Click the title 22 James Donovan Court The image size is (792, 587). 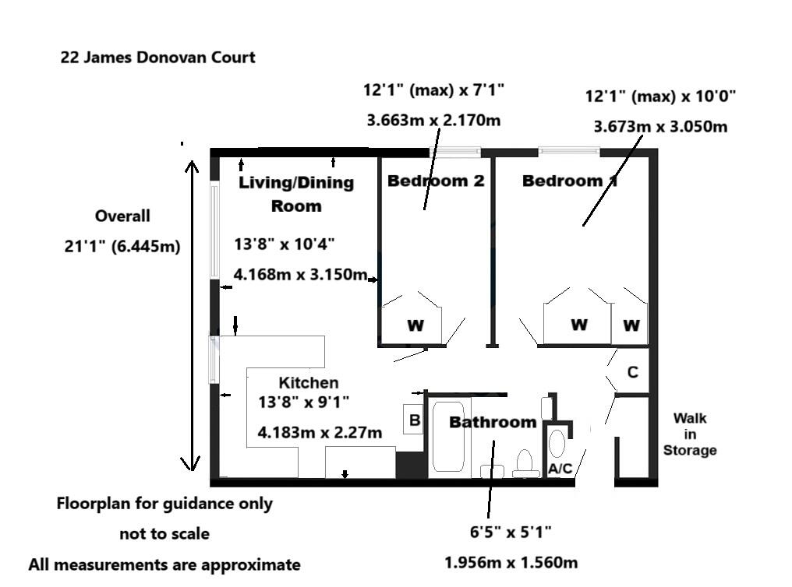coord(157,58)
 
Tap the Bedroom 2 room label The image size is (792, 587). coord(436,181)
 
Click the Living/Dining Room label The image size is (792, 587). coord(296,194)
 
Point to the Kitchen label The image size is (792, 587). coord(309,382)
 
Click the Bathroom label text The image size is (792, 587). coord(493,422)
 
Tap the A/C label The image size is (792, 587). coord(560,469)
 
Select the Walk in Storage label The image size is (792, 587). coord(689,434)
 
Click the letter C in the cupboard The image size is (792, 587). coord(632,372)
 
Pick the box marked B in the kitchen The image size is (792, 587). coord(415,420)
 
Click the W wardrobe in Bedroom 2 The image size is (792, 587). coord(415,325)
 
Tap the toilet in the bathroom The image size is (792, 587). coord(525,462)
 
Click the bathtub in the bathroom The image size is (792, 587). coord(448,436)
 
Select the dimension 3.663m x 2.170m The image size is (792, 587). coord(433,120)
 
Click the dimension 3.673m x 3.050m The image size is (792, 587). coord(660,126)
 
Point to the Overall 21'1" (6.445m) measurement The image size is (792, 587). coord(122,231)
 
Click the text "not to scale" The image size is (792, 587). coord(164,534)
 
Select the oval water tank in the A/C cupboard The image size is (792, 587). coord(557,442)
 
